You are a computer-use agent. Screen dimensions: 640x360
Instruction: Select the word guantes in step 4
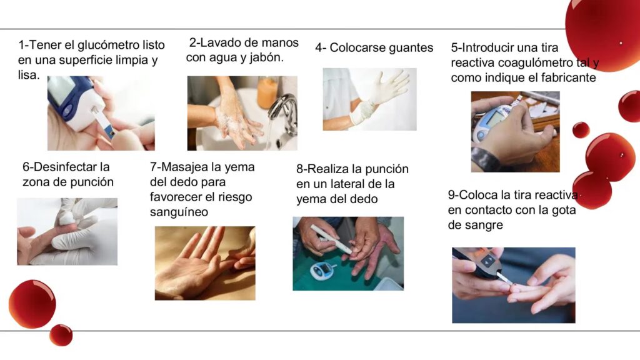click(410, 48)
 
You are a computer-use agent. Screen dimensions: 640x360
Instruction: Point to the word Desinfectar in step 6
click(71, 166)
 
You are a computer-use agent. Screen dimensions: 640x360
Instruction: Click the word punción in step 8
click(386, 169)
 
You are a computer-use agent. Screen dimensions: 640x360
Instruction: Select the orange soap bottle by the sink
click(268, 92)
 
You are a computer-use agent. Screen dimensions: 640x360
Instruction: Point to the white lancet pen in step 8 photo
click(331, 238)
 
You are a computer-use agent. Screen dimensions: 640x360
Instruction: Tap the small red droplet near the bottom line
click(61, 335)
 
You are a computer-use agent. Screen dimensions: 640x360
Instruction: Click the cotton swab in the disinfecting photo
click(66, 218)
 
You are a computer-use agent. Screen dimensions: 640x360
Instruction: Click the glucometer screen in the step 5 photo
click(494, 119)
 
